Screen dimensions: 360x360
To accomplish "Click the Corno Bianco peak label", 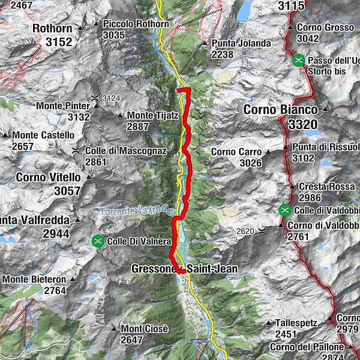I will coord(283,110).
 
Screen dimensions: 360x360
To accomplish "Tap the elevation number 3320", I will coord(304,125).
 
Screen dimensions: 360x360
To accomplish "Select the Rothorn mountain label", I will coord(52,28).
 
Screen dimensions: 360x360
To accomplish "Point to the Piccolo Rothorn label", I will coord(135,23).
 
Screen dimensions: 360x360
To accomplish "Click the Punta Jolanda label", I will coord(241,43).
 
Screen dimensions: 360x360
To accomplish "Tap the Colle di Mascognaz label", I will coord(125,151).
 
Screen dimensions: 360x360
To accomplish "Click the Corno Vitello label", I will coord(48,177).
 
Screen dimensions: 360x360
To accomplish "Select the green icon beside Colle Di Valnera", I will coord(97,241).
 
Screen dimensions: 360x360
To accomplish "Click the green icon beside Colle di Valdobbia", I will coord(284,210).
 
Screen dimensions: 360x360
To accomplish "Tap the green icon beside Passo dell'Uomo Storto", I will coord(299,61).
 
